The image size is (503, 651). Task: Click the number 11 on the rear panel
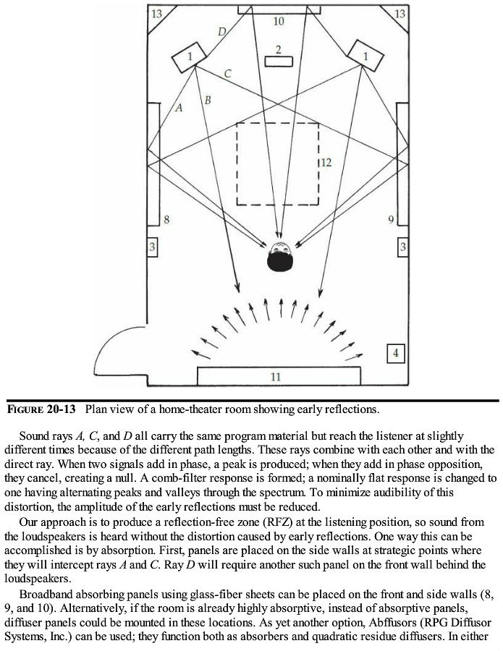click(x=276, y=377)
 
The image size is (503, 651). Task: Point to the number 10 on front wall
click(x=279, y=22)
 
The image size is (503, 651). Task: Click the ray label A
click(x=179, y=107)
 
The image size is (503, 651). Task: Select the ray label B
click(x=207, y=99)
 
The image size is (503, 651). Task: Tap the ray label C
click(x=227, y=73)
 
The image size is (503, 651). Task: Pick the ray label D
click(x=222, y=31)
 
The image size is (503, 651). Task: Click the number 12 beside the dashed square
click(x=326, y=163)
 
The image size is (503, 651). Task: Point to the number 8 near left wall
click(x=166, y=219)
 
